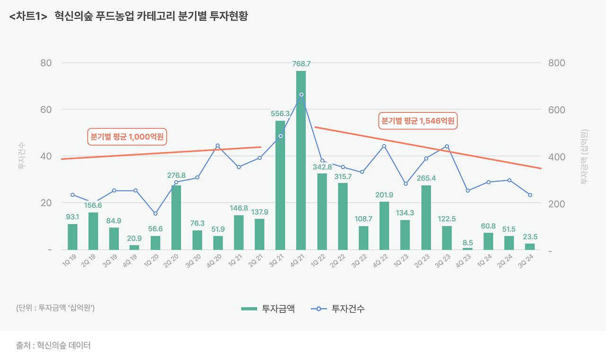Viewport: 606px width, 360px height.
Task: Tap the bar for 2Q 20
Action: pos(176,217)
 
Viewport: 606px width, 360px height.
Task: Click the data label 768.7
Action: pos(301,63)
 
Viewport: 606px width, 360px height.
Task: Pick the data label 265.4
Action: pos(426,179)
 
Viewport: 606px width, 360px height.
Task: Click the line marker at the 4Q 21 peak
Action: pos(301,95)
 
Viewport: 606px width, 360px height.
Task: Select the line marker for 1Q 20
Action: pos(155,214)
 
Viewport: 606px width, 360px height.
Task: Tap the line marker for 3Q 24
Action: pos(530,195)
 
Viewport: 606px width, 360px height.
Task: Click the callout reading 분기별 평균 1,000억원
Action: pos(127,137)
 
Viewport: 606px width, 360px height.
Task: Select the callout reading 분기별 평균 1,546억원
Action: pos(418,120)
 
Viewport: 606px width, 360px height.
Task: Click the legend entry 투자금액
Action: pos(268,309)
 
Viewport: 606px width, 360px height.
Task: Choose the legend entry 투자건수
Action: pos(338,309)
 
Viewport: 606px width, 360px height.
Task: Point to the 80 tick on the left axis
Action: pos(46,63)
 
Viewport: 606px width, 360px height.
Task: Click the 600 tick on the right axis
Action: pos(556,110)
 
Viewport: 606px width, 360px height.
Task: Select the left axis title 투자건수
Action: pos(21,156)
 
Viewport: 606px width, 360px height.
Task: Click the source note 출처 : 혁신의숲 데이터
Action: pos(53,345)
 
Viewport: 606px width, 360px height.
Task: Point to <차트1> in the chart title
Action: pos(28,16)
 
